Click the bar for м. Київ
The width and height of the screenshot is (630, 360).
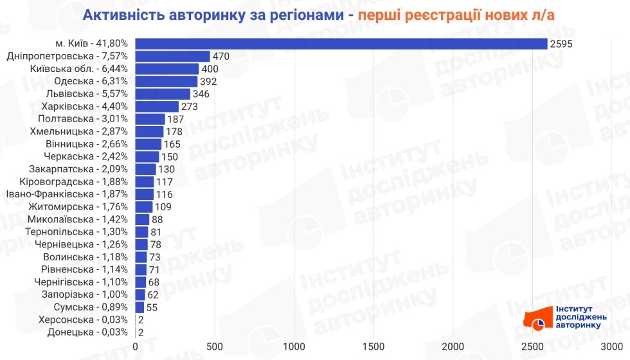click(341, 44)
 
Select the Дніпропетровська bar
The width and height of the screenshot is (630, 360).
click(172, 56)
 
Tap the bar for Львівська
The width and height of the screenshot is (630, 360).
click(163, 94)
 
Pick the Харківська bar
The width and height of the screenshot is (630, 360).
click(157, 106)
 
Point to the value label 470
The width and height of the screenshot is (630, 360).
click(221, 56)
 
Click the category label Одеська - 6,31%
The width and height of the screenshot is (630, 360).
click(91, 81)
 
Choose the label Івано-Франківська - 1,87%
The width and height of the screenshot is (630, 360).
click(67, 194)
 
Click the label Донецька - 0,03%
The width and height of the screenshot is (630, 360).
click(88, 332)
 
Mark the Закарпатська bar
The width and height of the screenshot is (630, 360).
click(145, 169)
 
